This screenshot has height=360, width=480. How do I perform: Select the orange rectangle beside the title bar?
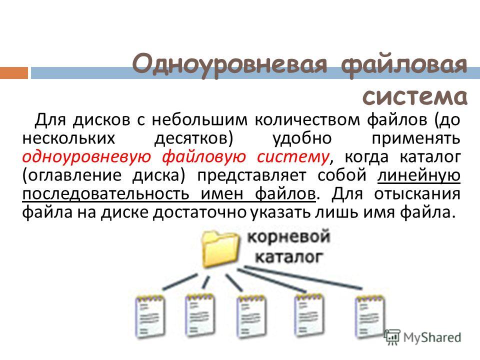(14, 73)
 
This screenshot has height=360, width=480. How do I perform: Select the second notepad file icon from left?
(199, 315)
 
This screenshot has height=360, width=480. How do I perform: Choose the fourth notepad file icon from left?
(309, 315)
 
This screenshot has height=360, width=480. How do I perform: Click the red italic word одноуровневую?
(86, 156)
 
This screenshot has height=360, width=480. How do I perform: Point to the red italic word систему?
(293, 156)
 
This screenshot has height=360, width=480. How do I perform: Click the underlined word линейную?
(419, 175)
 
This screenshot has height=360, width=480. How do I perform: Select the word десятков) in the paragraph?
(194, 138)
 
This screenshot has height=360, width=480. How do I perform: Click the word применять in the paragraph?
(416, 138)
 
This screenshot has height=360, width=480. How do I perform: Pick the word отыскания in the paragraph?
(417, 194)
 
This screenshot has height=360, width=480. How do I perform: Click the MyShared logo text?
(432, 337)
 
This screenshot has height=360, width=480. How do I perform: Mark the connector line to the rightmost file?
(303, 277)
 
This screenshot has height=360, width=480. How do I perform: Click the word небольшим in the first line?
(199, 119)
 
